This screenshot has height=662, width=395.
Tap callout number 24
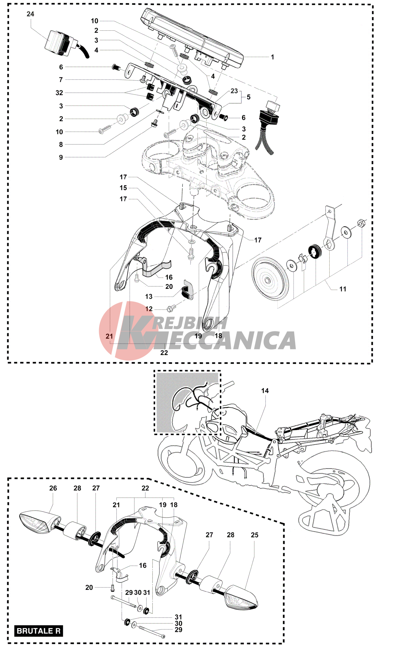(30, 14)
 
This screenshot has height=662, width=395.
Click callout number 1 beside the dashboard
(272, 57)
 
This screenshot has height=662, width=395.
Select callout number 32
(59, 93)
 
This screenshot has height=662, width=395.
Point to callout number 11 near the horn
(343, 289)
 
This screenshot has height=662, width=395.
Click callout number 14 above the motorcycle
(265, 391)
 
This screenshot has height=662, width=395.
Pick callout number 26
(53, 488)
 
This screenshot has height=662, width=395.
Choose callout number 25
(254, 535)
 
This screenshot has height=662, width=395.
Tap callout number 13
(149, 296)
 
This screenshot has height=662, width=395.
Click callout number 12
(149, 309)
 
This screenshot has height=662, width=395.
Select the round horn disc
(270, 279)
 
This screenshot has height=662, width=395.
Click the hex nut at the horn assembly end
(361, 223)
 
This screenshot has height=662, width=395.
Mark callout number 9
(61, 157)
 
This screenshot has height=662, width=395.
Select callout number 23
(234, 91)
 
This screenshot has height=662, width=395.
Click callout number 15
(123, 188)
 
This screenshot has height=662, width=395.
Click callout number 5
(248, 97)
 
